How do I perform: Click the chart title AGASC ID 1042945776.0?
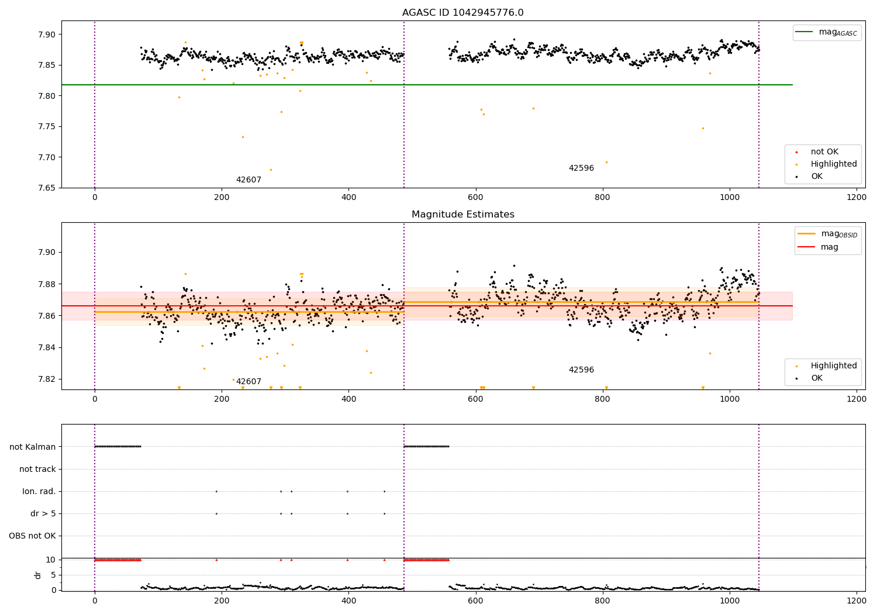tap(462, 12)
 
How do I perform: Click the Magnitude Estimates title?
tap(462, 214)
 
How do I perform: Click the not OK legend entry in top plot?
tap(824, 152)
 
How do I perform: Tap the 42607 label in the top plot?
tap(248, 180)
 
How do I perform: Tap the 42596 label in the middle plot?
tap(581, 370)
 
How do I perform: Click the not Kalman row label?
tap(33, 447)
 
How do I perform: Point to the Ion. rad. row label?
tap(39, 491)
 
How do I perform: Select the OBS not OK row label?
tap(32, 536)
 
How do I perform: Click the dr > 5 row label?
tap(43, 513)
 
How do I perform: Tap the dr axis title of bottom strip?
tap(37, 575)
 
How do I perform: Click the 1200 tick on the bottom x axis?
tap(857, 600)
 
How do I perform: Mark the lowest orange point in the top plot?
tap(271, 170)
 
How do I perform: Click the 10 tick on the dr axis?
tap(50, 560)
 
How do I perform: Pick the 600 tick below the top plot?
tap(475, 197)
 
